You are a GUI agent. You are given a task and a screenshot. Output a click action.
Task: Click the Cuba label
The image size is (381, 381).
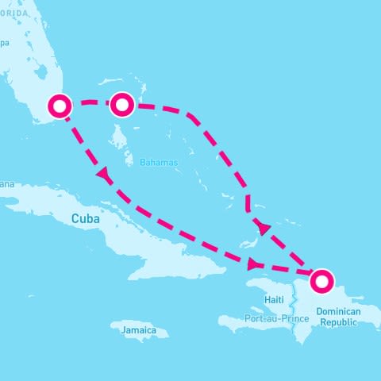coord(87,218)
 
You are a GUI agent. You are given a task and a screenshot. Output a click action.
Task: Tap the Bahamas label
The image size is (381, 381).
coord(159,162)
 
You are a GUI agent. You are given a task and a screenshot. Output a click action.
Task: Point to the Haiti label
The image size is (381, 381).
coord(274,299)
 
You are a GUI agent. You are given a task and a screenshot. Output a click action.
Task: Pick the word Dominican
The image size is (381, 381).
coord(338,313)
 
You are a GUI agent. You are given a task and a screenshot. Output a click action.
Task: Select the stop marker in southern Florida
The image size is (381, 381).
coord(60,105)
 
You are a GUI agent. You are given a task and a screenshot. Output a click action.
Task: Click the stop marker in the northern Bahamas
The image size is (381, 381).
coord(121,104)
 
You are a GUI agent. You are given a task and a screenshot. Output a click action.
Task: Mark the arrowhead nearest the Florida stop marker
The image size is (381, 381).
coord(102,173)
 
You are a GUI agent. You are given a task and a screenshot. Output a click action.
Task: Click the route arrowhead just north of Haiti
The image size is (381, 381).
coord(253,264)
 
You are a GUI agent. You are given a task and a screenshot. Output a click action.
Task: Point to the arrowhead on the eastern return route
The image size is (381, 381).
coord(264,229)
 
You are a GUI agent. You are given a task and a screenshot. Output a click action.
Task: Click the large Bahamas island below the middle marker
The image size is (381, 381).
coord(119,143)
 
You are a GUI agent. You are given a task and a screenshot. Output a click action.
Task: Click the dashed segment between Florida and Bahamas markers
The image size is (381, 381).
coord(90,102)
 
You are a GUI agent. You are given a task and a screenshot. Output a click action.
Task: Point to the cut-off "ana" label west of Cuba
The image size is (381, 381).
coord(6,184)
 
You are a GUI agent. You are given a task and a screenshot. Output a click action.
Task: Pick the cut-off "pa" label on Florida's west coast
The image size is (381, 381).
coord(4,44)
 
